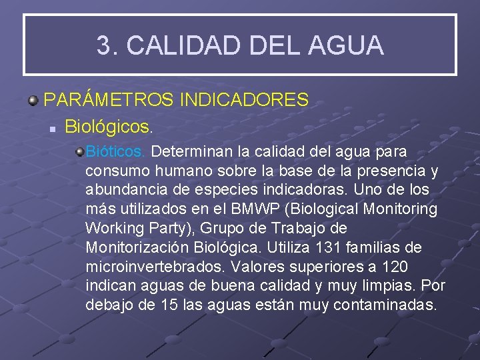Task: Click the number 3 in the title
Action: [104, 46]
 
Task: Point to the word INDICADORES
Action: [244, 101]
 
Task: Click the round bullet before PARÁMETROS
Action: [33, 101]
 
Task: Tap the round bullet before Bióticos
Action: [79, 153]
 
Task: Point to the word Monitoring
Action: [400, 209]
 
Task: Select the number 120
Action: [395, 267]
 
